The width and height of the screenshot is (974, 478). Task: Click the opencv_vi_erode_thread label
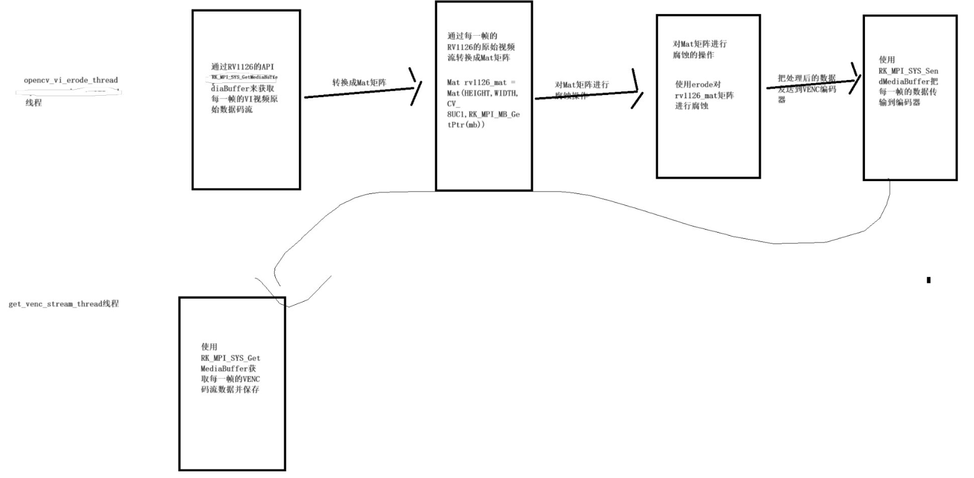pos(71,80)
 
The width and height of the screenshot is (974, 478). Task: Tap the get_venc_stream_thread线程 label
pos(64,304)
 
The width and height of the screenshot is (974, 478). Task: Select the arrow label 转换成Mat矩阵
pos(359,82)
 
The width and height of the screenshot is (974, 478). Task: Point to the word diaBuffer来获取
pos(239,88)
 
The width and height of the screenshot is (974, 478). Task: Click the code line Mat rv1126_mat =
pos(481,82)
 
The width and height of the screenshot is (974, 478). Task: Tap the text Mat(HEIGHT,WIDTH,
pos(482,93)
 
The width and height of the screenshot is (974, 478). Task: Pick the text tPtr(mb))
pos(466,125)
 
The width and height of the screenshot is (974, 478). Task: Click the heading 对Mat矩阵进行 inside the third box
pos(699,44)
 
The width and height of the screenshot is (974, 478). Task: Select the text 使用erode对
pos(698,85)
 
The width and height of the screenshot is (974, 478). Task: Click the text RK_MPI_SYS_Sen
pos(909,71)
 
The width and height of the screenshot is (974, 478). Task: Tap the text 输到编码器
pos(899,102)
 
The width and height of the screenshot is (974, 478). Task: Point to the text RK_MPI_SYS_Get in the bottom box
pos(231,358)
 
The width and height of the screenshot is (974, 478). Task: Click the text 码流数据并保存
pos(230,390)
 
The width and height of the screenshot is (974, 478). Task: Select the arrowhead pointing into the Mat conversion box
pos(416,85)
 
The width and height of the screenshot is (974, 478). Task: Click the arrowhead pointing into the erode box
pos(636,90)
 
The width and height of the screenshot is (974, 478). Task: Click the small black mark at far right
pos(928,280)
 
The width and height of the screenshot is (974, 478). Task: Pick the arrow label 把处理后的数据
pos(806,78)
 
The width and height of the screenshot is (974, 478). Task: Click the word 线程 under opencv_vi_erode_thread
pos(33,103)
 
